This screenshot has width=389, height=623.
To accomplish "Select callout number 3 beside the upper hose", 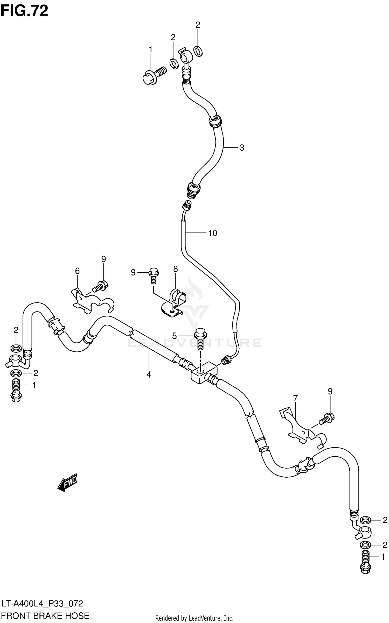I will point(241,148).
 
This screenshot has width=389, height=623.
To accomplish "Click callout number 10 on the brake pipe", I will point(212,233).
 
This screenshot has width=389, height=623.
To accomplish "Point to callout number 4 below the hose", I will point(149,374).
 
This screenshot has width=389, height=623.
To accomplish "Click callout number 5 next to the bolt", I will point(174,336).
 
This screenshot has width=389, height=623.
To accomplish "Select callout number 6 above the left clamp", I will point(77,271).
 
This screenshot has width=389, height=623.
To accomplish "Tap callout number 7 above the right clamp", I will point(295,398).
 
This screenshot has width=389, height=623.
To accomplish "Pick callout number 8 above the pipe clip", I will point(176,269).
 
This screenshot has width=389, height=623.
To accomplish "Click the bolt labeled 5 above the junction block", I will point(200,338).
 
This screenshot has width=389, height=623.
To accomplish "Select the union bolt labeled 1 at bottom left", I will point(16,391).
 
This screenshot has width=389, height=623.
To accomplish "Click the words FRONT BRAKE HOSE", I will point(45,616).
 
